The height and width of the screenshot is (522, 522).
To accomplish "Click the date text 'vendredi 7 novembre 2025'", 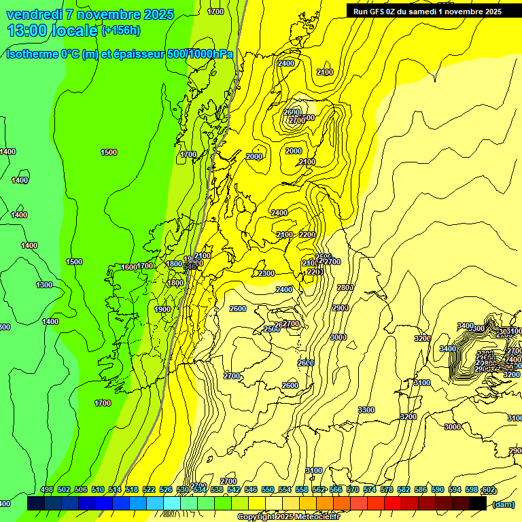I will click(x=90, y=14).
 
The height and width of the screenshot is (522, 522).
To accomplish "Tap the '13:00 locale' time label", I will click(x=52, y=30).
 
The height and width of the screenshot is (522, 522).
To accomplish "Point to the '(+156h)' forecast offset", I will click(x=121, y=31).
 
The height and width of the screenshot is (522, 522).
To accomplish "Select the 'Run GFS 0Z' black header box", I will click(x=428, y=11).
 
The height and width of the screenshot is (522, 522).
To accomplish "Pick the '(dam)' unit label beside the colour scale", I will click(x=503, y=504).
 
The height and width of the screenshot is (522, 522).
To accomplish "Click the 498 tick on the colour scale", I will click(x=47, y=490).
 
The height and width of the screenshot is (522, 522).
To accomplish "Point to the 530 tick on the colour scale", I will click(x=183, y=490).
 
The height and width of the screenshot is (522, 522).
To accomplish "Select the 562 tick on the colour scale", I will click(x=319, y=490).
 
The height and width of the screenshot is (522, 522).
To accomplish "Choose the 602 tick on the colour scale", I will click(x=488, y=490).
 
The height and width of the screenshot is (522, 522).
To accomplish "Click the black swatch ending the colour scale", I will click(x=478, y=503).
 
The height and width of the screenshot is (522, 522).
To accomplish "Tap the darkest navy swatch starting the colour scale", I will click(x=36, y=503).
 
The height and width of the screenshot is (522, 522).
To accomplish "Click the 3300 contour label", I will click(x=366, y=410).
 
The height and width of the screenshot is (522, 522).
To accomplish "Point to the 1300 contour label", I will click(x=44, y=285).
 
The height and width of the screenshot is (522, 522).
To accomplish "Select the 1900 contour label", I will click(x=162, y=309).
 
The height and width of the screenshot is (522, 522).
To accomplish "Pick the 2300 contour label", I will click(x=266, y=273).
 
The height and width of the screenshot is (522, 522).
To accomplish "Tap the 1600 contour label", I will click(x=129, y=267).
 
